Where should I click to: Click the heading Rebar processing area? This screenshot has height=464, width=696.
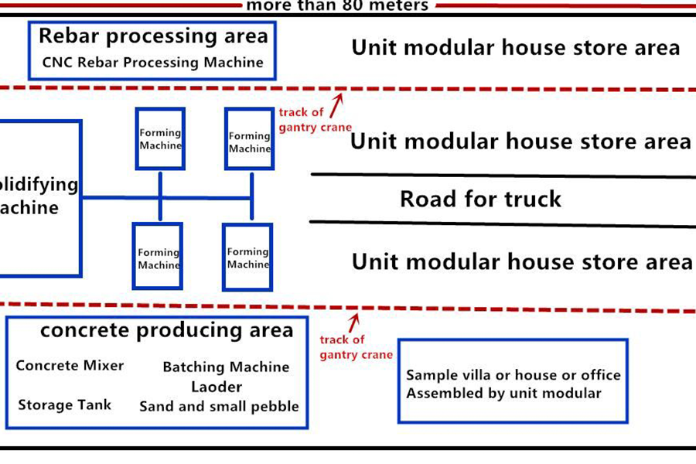153,36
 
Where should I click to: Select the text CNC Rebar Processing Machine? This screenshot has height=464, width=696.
153,62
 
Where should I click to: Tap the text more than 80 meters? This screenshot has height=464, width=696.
336,6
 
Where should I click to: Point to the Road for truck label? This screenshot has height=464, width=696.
480,200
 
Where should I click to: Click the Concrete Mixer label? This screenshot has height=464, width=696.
70,366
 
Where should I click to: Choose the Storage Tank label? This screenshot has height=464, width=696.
65,404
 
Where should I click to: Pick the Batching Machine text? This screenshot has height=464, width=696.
226,367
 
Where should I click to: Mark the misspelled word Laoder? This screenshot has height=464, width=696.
217,387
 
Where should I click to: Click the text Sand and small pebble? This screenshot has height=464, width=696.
219,406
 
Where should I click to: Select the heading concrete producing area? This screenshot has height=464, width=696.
167,331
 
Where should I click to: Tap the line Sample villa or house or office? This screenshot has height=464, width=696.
513,375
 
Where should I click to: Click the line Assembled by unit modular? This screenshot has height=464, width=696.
503,393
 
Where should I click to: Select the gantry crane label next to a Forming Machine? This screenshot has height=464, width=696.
315,120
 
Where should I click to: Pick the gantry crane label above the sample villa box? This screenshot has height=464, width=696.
356,347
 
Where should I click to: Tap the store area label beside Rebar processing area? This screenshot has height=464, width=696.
516,48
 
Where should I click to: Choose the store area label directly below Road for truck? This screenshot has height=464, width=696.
522,261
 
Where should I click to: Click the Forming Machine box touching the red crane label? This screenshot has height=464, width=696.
250,139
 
